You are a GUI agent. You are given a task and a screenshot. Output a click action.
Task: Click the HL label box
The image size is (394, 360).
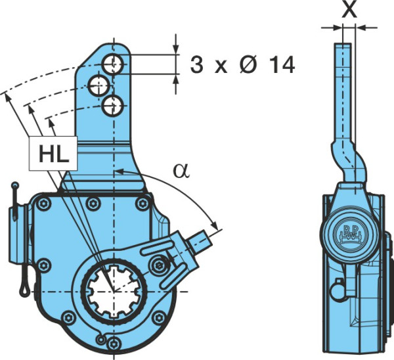pyautogui.click(x=53, y=153)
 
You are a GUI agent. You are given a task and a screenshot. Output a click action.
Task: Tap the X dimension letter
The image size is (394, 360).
pyautogui.click(x=349, y=10)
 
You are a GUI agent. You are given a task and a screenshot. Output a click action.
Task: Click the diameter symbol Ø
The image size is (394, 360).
pyautogui.click(x=248, y=64)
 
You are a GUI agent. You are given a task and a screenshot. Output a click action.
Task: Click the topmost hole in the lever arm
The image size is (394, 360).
pyautogui.click(x=113, y=64)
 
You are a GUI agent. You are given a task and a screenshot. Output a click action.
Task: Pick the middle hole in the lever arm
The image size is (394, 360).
pyautogui.click(x=98, y=85)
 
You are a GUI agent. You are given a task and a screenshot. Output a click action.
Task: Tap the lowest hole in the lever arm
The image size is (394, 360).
pyautogui.click(x=113, y=106)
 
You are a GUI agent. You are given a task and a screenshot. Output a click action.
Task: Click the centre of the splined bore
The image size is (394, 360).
pyautogui.click(x=114, y=291)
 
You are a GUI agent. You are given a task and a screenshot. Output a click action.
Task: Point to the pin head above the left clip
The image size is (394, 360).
pyautogui.click(x=15, y=185)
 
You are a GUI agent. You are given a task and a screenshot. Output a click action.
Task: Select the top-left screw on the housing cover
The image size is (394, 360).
pyautogui.click(x=43, y=204)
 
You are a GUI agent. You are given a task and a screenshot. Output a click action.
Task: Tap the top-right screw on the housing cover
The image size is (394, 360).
pyautogui.click(x=142, y=204)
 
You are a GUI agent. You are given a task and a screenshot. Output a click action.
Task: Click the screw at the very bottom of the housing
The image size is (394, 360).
pyautogui.click(x=114, y=351)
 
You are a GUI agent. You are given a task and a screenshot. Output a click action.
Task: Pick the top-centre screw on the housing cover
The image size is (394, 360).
pyautogui.click(x=93, y=204)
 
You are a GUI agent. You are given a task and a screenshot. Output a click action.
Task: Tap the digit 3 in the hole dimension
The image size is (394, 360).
pyautogui.click(x=196, y=65)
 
